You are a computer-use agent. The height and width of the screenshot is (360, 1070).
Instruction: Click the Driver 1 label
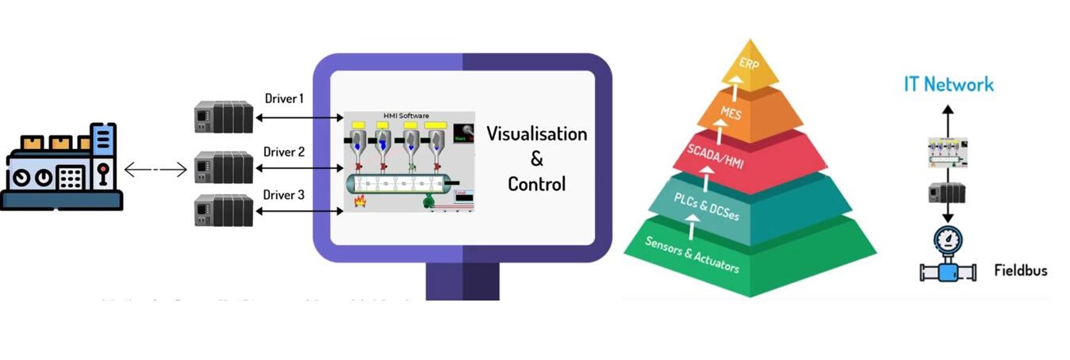pos(284,99)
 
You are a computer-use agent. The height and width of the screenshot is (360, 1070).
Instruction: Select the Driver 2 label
pos(284,151)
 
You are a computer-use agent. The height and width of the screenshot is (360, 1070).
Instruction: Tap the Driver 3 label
pos(284,194)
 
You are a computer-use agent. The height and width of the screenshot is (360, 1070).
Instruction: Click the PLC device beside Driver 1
pos(224,117)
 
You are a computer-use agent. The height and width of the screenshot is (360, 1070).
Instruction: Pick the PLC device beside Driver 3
pos(224,212)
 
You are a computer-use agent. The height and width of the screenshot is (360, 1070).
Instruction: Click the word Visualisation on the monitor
pos(536,133)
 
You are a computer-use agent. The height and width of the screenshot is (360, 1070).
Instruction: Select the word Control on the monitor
pos(536,185)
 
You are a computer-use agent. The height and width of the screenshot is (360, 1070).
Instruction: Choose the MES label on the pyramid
pos(731,114)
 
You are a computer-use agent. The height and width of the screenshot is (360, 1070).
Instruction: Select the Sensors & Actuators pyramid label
pos(692,255)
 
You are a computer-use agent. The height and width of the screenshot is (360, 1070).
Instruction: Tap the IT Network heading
pos(949,84)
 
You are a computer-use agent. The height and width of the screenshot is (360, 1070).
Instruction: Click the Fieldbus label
pos(1020,271)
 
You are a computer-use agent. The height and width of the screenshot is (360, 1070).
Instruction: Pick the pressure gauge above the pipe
pos(948,239)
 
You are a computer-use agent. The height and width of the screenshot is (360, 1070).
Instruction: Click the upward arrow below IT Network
pos(947,119)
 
